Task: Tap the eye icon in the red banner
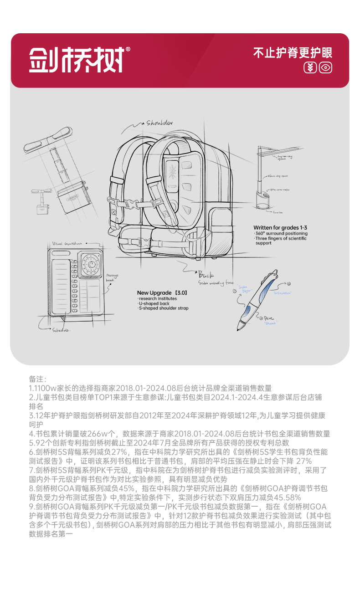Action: [x=325, y=68]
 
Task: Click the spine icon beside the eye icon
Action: [x=310, y=68]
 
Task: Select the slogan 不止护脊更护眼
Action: [x=293, y=52]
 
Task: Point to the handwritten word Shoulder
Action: [x=159, y=123]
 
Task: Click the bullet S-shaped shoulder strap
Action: [x=164, y=308]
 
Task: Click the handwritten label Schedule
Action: [x=61, y=330]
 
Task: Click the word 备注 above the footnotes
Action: [x=38, y=379]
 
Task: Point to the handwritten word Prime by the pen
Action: [x=270, y=319]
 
